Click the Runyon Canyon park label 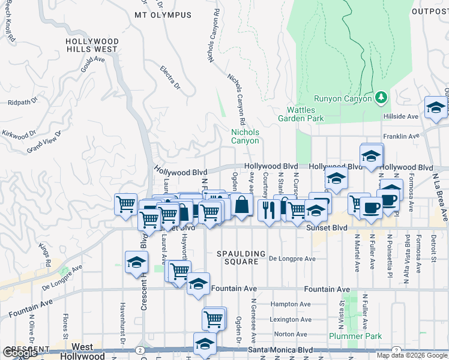342,98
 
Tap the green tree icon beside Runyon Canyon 380,97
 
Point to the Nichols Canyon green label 246,136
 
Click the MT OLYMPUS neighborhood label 163,15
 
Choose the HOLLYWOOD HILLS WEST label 92,45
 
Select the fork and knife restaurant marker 268,210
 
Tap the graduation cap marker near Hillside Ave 435,107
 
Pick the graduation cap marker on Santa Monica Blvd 205,344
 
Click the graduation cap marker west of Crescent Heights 136,263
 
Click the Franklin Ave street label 402,136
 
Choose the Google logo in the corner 20,353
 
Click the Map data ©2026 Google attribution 411,355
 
